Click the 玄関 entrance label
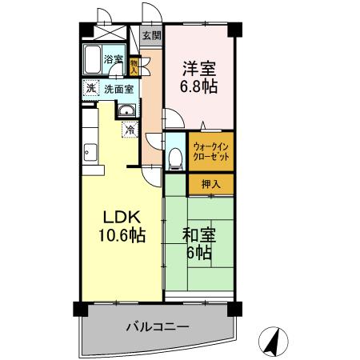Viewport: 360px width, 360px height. click(152, 35)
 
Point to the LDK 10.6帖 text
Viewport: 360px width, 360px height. click(121, 227)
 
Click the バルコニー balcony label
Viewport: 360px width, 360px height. click(157, 327)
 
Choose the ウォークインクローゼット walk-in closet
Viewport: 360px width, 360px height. click(212, 152)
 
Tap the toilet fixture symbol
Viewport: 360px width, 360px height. click(176, 156)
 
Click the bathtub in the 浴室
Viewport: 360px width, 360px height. click(94, 59)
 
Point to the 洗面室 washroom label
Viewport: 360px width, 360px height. click(118, 89)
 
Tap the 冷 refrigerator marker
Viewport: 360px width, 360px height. click(128, 129)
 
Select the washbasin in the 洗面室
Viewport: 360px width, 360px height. click(126, 110)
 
